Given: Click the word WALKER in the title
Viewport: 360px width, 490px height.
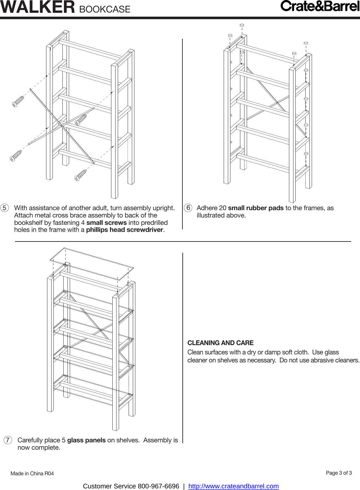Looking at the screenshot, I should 38,7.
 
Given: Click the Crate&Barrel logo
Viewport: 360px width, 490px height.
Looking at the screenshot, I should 320,6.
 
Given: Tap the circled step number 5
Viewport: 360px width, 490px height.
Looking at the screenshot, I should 4,208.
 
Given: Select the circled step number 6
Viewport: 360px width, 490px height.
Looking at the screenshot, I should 188,208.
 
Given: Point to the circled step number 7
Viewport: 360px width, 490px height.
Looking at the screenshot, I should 8,440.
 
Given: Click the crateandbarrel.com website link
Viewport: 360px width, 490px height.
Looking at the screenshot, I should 233,486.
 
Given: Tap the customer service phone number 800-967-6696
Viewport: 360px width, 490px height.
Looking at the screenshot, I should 158,486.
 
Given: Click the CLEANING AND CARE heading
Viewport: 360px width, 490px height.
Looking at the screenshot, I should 220,343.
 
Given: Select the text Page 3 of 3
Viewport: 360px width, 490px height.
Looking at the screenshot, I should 339,473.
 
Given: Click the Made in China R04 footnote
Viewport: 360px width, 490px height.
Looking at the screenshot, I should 32,473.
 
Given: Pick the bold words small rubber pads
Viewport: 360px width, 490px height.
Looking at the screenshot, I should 256,208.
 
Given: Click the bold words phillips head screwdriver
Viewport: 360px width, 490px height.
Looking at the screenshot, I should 125,230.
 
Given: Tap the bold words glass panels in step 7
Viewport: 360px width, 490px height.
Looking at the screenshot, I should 86,440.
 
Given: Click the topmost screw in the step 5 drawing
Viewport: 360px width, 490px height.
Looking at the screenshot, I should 18,101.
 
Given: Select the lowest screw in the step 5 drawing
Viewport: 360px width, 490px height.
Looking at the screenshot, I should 81,175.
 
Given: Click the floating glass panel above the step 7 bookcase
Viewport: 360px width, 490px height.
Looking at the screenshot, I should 92,263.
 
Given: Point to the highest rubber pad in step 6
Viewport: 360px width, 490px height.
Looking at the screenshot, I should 242,25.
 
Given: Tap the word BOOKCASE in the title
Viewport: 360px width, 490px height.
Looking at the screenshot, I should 105,9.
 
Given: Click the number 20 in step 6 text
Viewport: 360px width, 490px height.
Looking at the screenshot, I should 222,208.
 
